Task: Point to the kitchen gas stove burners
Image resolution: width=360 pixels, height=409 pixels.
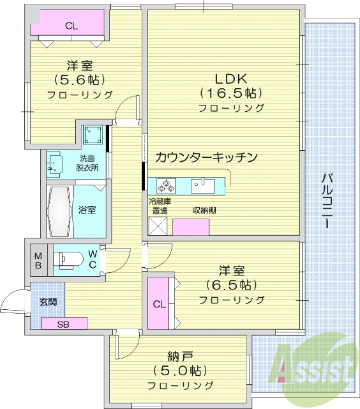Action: tap(167, 186)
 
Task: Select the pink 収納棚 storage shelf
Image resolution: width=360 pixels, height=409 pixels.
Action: tap(191, 227)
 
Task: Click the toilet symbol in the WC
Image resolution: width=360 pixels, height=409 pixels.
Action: tap(69, 258)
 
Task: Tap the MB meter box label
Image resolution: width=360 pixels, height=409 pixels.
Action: tap(37, 259)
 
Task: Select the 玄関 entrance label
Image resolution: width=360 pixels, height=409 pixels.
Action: tap(48, 301)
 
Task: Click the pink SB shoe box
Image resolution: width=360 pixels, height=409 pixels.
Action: tap(63, 323)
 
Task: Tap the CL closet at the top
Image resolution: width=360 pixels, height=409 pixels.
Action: tap(70, 26)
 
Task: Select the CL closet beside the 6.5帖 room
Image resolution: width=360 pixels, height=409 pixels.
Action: tap(159, 304)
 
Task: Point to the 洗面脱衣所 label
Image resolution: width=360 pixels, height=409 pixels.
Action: tap(89, 164)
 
